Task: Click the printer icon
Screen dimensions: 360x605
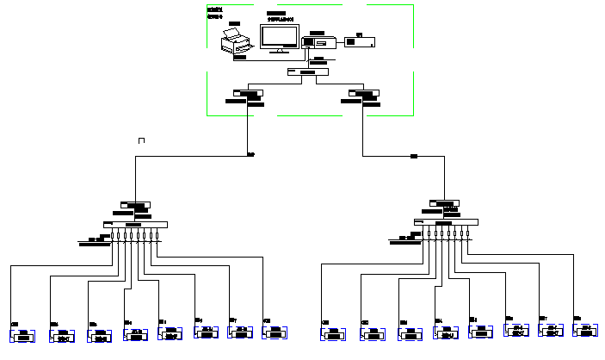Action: coord(234,41)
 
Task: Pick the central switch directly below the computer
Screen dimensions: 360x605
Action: coord(302,72)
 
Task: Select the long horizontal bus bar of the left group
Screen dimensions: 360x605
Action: coord(135,225)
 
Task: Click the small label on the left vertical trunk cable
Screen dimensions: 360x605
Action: coord(250,155)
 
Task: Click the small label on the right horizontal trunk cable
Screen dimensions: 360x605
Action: coord(413,156)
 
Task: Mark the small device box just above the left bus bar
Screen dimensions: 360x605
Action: coord(136,205)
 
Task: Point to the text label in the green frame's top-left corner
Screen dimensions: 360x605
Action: coord(214,12)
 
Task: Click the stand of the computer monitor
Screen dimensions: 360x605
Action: coord(279,52)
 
